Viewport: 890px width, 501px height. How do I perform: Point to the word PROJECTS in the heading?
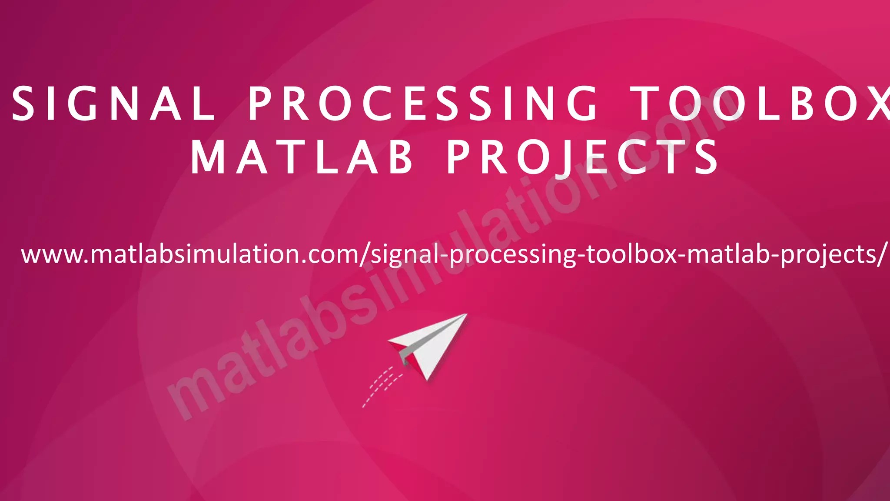click(x=582, y=157)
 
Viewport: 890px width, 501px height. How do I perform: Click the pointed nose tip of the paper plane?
click(x=466, y=315)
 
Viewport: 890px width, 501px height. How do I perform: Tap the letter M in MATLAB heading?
click(x=207, y=157)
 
